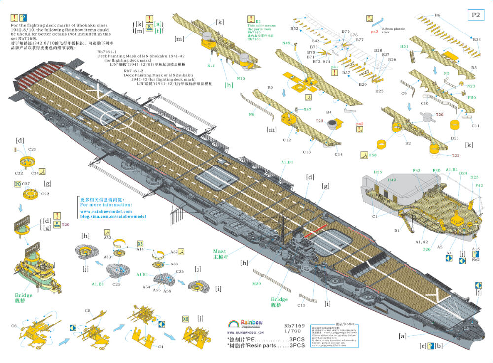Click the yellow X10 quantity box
18,184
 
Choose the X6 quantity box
186,318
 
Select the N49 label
286,43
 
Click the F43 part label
417,171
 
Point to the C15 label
301,305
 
